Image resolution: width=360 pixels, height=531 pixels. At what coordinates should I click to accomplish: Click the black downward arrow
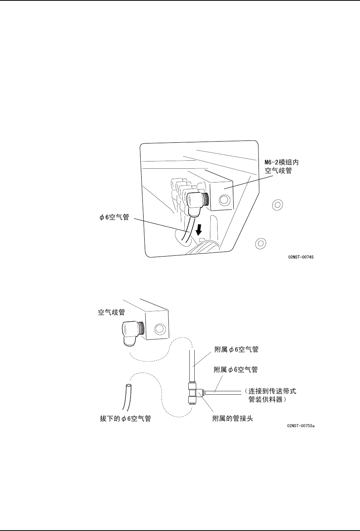click(x=198, y=229)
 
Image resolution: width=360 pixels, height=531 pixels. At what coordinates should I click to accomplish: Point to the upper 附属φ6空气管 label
click(x=239, y=349)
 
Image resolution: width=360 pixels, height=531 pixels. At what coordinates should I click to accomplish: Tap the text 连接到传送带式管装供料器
click(x=271, y=395)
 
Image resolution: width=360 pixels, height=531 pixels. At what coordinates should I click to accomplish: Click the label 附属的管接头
click(x=233, y=418)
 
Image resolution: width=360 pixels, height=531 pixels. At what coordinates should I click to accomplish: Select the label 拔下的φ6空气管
click(x=123, y=418)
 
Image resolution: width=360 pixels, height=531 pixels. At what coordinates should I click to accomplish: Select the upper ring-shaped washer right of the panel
click(x=278, y=205)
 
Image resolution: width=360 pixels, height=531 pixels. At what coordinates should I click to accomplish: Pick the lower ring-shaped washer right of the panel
click(x=260, y=242)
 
